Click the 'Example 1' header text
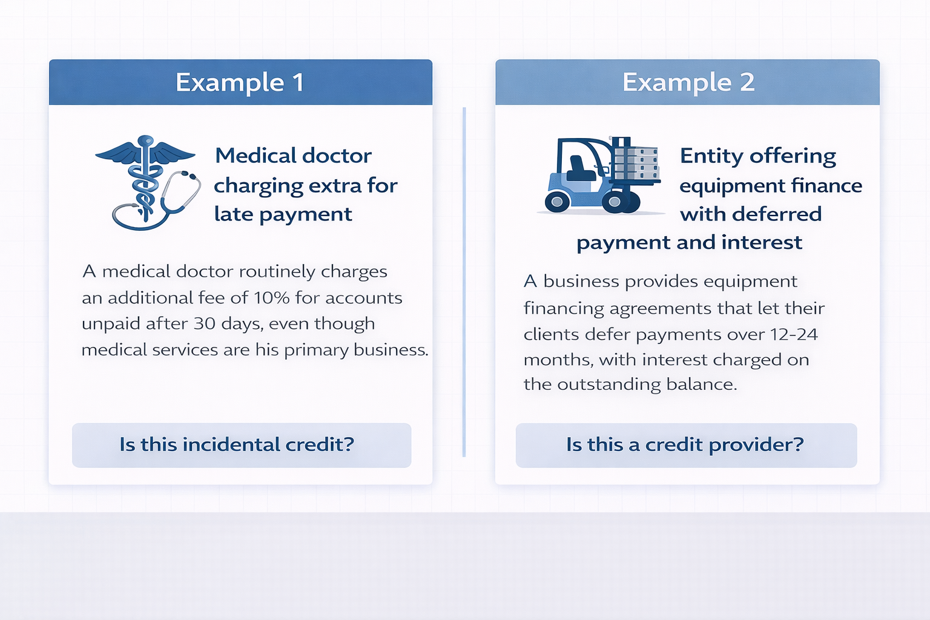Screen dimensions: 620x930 240,82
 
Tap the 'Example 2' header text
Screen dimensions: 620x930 688,82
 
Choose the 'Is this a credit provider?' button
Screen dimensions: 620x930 685,445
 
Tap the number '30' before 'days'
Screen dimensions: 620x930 205,323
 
